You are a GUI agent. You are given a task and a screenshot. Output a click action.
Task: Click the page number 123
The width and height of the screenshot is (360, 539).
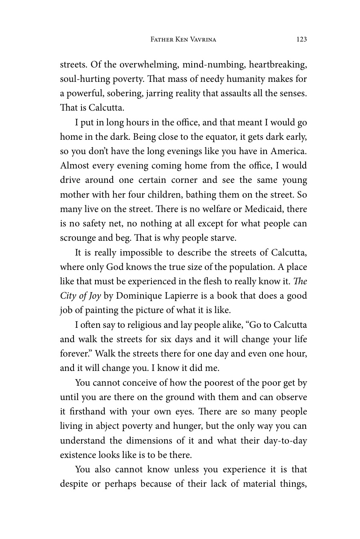302,39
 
